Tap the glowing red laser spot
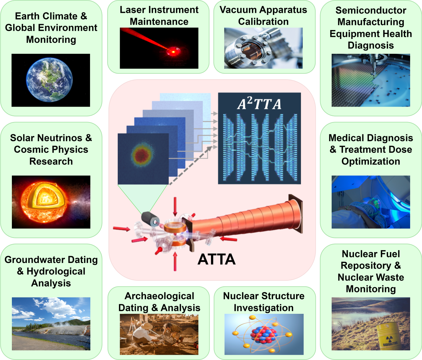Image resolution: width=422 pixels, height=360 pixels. tap(172, 51)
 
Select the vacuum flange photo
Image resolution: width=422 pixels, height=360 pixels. tap(263, 48)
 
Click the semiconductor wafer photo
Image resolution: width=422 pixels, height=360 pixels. tap(371, 80)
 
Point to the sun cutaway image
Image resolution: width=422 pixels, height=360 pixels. tap(51, 202)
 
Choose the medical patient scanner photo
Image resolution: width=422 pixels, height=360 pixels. tap(371, 202)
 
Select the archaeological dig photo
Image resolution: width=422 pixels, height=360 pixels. tap(159, 334)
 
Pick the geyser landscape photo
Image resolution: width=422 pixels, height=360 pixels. tap(51, 324)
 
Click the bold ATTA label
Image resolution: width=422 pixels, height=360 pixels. tap(217, 259)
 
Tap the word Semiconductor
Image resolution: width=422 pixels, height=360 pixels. tap(371, 11)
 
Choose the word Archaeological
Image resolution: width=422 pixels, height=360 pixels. tap(159, 296)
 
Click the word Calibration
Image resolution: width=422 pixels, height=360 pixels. tap(263, 22)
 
